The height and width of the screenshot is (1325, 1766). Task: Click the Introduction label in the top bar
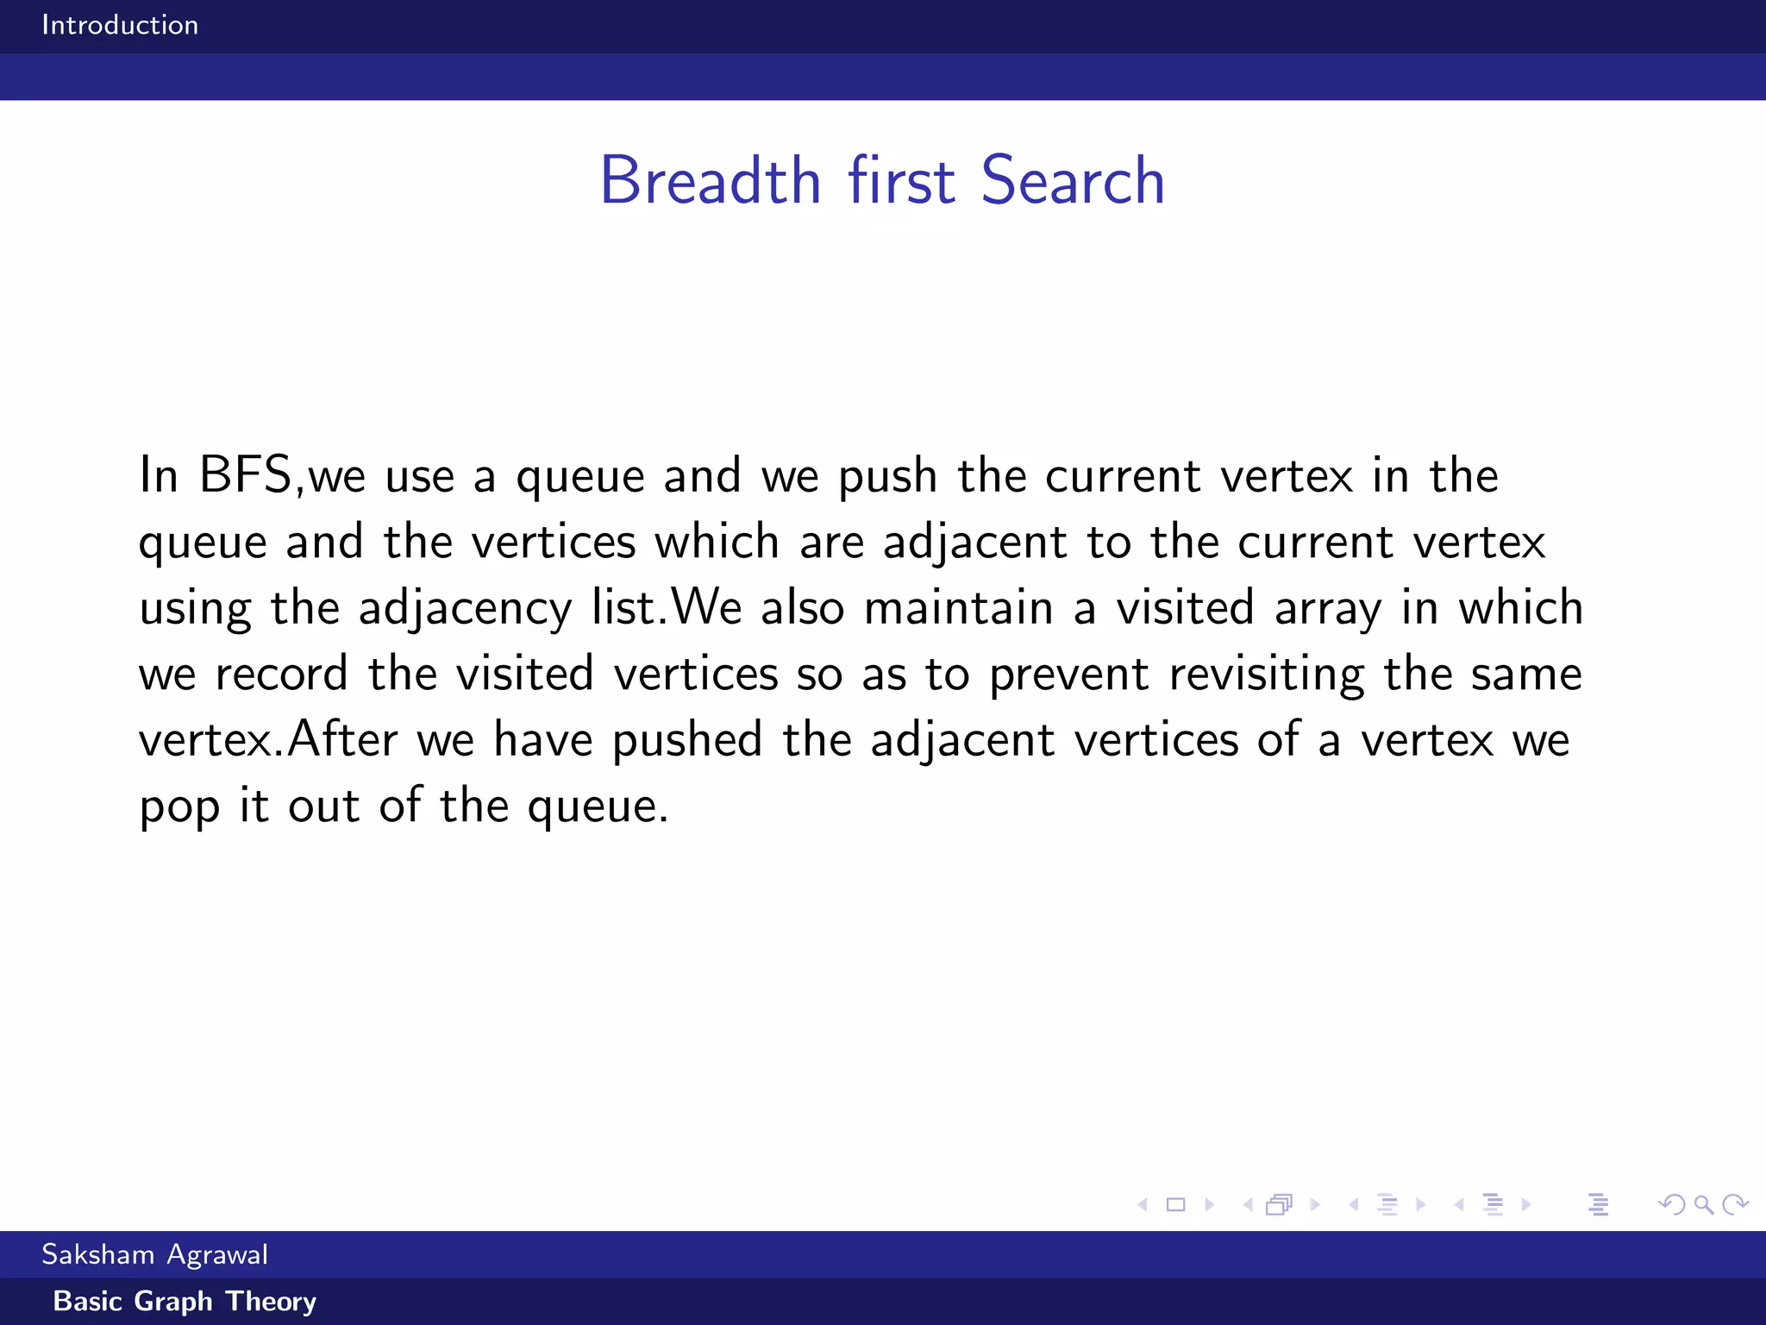(120, 25)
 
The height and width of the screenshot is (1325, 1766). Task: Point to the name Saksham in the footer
(97, 1254)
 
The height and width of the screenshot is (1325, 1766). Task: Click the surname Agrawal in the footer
(217, 1255)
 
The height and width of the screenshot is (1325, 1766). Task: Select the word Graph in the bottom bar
(173, 1301)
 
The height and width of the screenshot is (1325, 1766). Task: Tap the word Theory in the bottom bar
(271, 1302)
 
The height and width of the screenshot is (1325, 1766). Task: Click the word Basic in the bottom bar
(88, 1301)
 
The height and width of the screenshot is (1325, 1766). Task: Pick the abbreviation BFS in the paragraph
(246, 475)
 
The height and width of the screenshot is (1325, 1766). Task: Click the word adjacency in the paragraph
(465, 608)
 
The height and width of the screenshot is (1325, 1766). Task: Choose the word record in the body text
(281, 674)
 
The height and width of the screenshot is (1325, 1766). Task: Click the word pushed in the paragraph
(687, 740)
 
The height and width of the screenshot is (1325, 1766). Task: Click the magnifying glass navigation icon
(1703, 1205)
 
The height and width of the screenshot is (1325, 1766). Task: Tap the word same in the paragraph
(1526, 674)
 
